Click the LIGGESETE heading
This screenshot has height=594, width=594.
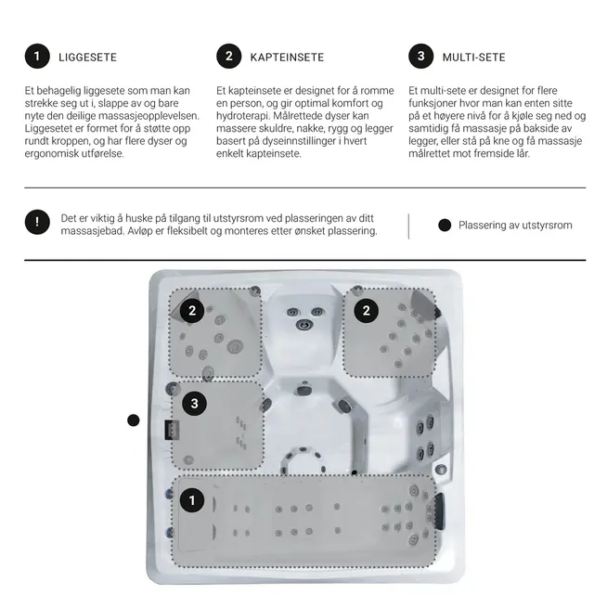[87, 58]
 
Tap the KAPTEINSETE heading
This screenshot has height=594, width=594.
[287, 58]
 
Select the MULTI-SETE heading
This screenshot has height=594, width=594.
[473, 58]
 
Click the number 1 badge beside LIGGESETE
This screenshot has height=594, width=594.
[37, 57]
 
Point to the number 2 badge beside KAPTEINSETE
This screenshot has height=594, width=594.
[229, 57]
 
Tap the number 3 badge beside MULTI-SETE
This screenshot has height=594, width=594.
[420, 57]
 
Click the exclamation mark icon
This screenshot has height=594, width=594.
[37, 222]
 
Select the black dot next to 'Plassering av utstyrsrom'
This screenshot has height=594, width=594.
[445, 225]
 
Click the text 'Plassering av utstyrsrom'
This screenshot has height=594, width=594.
[515, 225]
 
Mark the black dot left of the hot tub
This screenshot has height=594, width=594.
[134, 420]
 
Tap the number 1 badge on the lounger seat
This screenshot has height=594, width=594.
[192, 500]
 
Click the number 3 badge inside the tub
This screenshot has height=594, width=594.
[194, 404]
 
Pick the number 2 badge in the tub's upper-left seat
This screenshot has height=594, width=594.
[192, 311]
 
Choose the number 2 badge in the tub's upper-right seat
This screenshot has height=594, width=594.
[366, 311]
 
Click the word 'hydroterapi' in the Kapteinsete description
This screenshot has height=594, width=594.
[243, 115]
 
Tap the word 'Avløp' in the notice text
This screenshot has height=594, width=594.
[140, 231]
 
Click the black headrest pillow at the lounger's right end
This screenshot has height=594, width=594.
[439, 511]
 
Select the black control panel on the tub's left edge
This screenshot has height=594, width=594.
[172, 430]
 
